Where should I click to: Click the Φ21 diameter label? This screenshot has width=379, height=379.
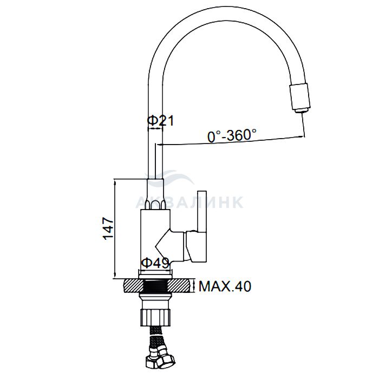pos(161,121)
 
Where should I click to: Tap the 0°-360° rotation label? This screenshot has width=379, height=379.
pos(232,135)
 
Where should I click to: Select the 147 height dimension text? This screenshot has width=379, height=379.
pos(108,228)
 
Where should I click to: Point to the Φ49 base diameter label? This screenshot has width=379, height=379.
pos(155,263)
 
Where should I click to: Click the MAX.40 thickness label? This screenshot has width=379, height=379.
pos(225,286)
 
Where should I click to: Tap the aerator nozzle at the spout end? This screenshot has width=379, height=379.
pos(300,97)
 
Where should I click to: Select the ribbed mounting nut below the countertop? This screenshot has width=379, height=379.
pos(155,318)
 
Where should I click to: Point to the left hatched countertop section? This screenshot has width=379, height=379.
pos(133,286)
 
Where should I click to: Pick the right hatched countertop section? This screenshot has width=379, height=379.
pos(181,286)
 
